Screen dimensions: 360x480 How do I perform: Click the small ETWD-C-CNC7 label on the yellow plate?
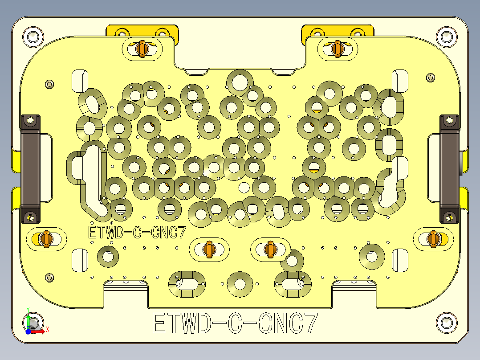pyautogui.click(x=137, y=233)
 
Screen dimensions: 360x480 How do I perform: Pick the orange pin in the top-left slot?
pyautogui.click(x=142, y=49)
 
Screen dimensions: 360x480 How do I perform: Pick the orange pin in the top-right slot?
pyautogui.click(x=337, y=49)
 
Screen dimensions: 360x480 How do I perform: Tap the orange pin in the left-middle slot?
pyautogui.click(x=45, y=238)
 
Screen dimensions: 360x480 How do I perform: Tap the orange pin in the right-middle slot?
pyautogui.click(x=432, y=238)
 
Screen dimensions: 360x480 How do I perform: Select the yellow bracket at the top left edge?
pyautogui.click(x=142, y=31)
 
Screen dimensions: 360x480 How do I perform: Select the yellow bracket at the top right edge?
pyautogui.click(x=337, y=31)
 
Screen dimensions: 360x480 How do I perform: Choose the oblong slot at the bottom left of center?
pyautogui.click(x=187, y=283)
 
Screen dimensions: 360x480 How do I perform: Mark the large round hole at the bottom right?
pyautogui.click(x=372, y=256)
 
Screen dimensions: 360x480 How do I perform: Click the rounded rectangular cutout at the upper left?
pyautogui.click(x=81, y=81)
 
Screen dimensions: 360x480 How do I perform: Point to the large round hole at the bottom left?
pyautogui.click(x=108, y=257)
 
